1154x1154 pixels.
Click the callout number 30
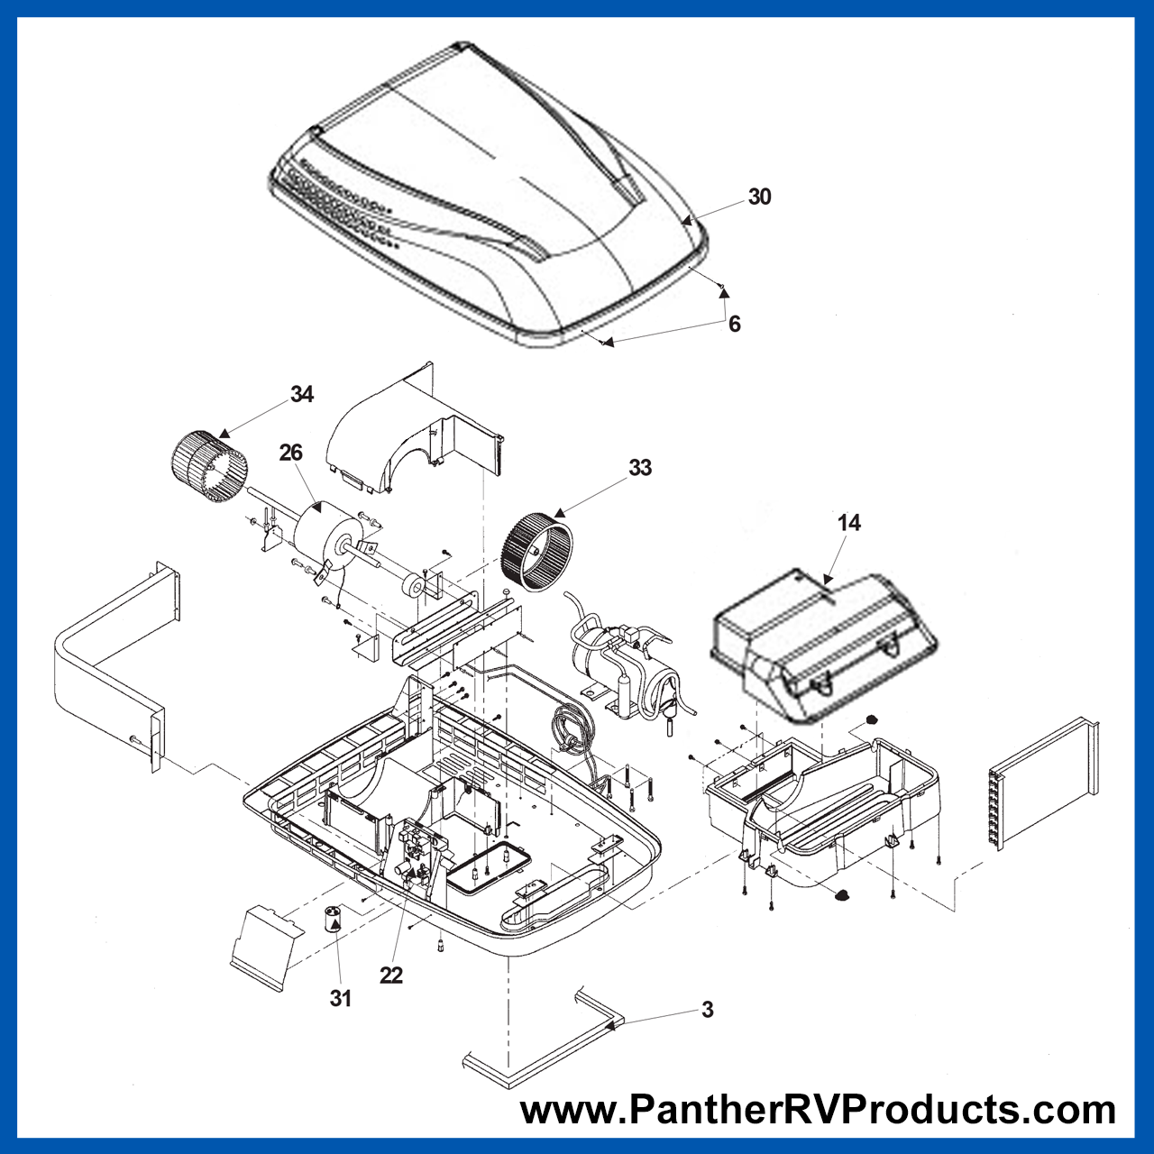[759, 197]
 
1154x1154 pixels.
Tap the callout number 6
[734, 324]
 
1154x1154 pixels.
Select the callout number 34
[302, 394]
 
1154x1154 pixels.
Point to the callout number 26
[291, 453]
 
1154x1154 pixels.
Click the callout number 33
[639, 468]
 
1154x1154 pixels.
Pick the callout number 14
[849, 523]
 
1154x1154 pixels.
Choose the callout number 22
[391, 975]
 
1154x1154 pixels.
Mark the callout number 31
[340, 998]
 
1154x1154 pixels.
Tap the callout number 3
[707, 1010]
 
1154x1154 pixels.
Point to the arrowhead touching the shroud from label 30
[687, 220]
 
